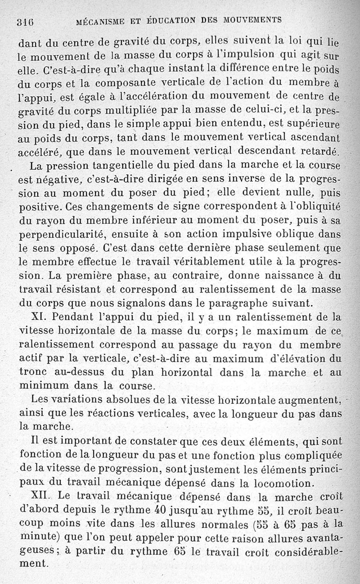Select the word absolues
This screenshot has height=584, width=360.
[100, 400]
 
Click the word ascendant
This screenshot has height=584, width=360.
[311, 138]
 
